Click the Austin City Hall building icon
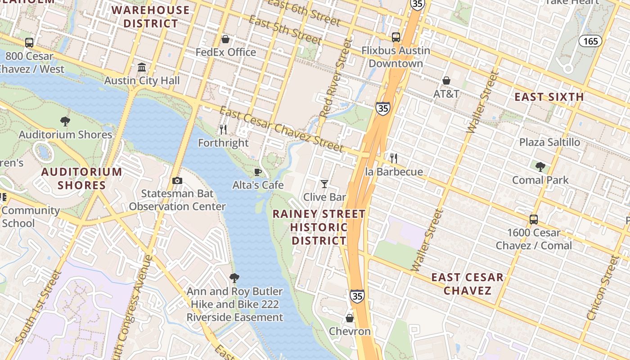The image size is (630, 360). [x=142, y=67]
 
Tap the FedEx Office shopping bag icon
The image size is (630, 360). [x=225, y=39]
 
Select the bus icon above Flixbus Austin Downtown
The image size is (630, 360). [x=396, y=37]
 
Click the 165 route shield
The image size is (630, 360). [x=590, y=41]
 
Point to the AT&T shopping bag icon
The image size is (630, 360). [x=446, y=81]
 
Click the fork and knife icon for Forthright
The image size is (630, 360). [x=223, y=130]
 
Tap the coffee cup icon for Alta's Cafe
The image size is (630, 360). [x=258, y=172]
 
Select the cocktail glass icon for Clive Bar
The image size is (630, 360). [x=324, y=184]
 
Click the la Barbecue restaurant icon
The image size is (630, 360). [x=394, y=158]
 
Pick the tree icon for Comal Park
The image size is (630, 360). [x=540, y=167]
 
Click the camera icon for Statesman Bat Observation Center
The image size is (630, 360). [x=177, y=181]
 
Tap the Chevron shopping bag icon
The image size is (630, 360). [x=350, y=318]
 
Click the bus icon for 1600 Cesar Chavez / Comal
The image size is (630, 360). [x=534, y=220]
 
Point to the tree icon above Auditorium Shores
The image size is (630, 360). [x=65, y=121]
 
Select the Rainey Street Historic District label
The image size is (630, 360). [x=319, y=227]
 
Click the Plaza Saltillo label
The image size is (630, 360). [x=549, y=142]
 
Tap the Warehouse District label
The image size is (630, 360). [x=151, y=17]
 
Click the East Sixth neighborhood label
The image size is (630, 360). [x=549, y=97]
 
